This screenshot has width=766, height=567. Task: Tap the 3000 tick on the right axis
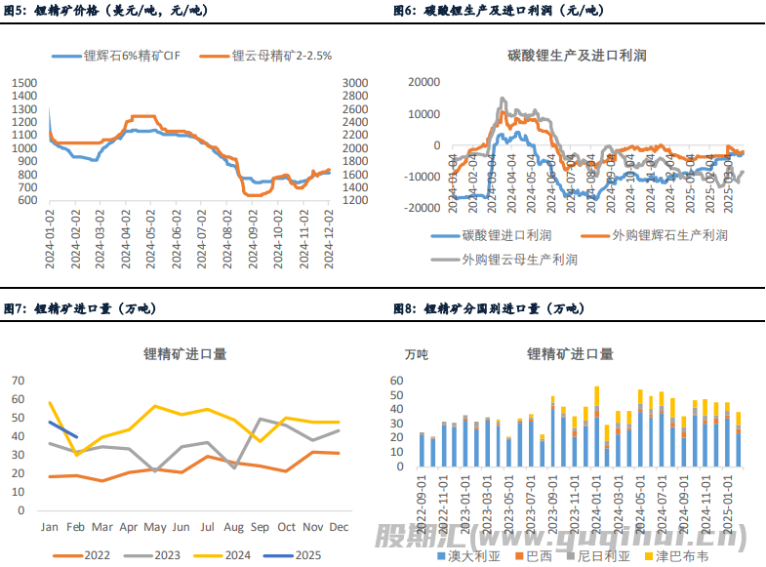(x=355, y=83)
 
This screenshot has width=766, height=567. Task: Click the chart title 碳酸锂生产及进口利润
(x=577, y=56)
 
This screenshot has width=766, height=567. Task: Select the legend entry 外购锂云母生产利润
(x=519, y=260)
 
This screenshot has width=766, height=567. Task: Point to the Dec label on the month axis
(x=339, y=528)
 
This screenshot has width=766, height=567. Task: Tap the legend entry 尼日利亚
(x=608, y=556)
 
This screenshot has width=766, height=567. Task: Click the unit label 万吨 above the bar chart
(x=417, y=354)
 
